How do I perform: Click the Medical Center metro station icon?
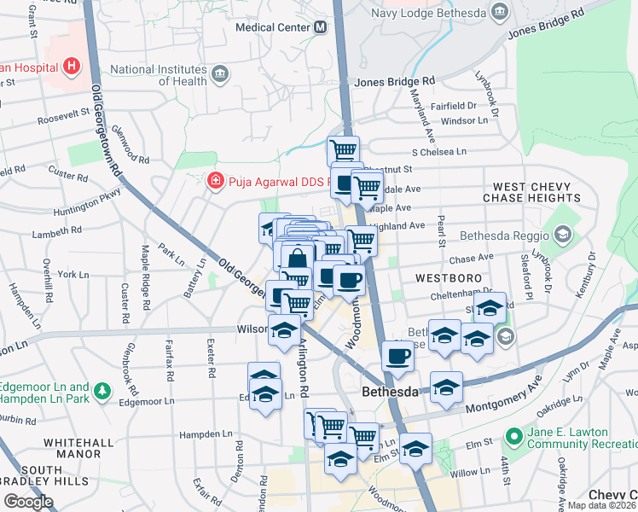point(321,26)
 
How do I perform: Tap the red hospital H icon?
point(71,65)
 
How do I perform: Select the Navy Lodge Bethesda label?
point(430,12)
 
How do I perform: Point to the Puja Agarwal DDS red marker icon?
point(214,181)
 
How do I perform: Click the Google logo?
point(28,502)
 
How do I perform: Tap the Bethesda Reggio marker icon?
point(563,234)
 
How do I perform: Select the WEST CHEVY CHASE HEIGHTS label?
point(531,192)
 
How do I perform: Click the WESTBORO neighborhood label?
point(449,279)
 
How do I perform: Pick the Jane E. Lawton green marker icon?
point(513,436)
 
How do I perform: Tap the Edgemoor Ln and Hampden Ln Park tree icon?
point(103,389)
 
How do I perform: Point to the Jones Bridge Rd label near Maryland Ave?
point(394,81)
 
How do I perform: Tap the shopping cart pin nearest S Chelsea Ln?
point(343,150)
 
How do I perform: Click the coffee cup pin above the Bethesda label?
point(397,354)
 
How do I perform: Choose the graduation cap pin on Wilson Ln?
point(284,330)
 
